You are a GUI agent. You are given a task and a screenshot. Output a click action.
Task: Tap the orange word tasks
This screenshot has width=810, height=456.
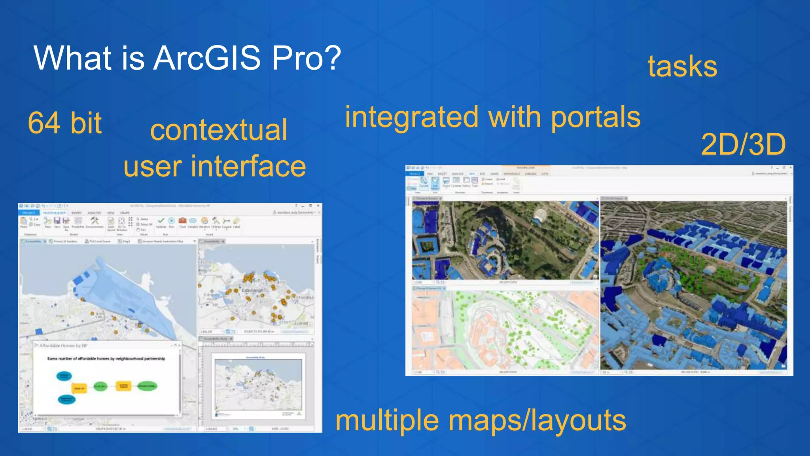[x=682, y=66]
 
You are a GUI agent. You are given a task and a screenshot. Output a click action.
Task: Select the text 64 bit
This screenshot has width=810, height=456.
[x=65, y=123]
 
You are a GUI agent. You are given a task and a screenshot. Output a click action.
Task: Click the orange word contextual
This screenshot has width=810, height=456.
[x=218, y=130]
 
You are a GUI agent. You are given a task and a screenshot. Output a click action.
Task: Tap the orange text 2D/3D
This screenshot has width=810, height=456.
[x=743, y=144]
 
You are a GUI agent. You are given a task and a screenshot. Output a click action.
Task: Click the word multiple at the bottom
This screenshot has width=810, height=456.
[x=387, y=421]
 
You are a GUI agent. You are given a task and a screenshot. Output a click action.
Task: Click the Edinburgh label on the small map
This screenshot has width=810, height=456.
[x=252, y=291]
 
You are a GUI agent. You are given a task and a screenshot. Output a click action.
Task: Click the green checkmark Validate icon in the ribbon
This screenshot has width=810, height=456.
[x=161, y=221]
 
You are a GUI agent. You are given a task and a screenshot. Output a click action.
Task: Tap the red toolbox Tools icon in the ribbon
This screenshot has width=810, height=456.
[x=182, y=221]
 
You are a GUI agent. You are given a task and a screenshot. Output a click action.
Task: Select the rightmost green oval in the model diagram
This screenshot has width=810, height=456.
[x=147, y=386]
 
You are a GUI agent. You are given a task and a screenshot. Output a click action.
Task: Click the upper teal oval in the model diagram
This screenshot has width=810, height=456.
[x=64, y=376]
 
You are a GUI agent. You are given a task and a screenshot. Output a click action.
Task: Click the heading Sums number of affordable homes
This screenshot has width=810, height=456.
[x=106, y=359]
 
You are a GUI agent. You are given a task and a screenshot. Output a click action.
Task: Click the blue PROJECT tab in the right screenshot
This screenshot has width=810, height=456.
[x=414, y=174]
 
